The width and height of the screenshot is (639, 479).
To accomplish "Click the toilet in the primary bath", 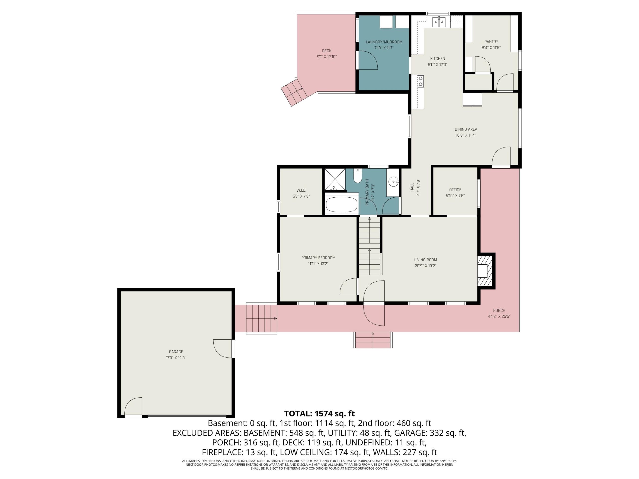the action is point(358,176).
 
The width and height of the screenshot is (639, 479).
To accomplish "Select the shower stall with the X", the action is point(335,180).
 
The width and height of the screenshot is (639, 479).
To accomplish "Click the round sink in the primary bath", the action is point(393,182).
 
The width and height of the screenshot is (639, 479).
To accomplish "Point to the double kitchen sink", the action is point(439,22).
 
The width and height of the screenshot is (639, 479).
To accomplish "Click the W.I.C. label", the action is point(301,190).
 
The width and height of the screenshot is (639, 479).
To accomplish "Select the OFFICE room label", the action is point(455,190).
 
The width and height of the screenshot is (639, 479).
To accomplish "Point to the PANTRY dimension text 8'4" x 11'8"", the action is point(491,48).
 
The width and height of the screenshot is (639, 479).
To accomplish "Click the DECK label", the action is point(327,51).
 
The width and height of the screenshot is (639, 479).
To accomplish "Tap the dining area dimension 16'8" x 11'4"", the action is point(466,135).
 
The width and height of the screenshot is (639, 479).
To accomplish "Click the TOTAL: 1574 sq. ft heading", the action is point(319,413).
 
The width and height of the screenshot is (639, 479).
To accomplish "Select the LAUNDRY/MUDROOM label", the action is point(384,42).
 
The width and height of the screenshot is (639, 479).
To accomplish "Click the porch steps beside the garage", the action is point(261,319).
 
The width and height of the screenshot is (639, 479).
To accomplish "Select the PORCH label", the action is point(499,310).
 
